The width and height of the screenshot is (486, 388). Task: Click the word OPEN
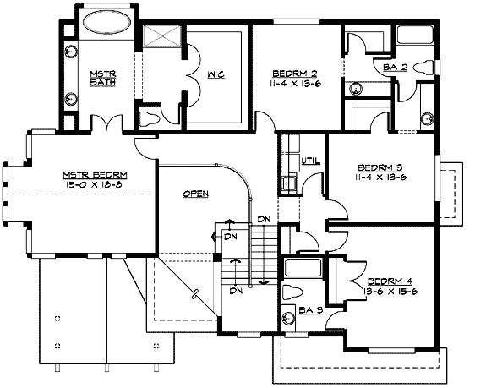[x=195, y=193]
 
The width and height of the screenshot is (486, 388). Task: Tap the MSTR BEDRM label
[x=93, y=174]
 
